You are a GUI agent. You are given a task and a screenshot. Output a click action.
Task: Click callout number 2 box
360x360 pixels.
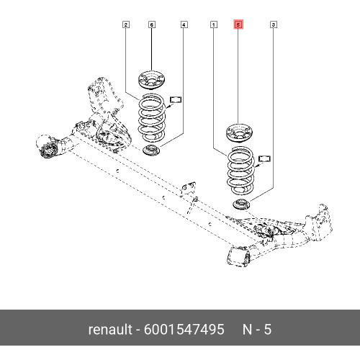pyautogui.click(x=126, y=24)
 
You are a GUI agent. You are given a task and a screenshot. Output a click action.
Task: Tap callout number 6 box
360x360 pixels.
pyautogui.click(x=151, y=24)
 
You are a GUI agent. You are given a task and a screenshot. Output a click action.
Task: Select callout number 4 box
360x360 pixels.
pyautogui.click(x=184, y=24)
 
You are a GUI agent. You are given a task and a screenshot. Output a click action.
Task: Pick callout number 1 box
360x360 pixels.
pyautogui.click(x=214, y=24)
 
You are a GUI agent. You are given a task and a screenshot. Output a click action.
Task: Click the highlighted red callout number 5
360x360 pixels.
pyautogui.click(x=238, y=24)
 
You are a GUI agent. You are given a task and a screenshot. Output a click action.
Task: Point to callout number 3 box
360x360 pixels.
pyautogui.click(x=273, y=24)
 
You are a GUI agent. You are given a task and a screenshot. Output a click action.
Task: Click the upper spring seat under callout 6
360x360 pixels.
pyautogui.click(x=152, y=80)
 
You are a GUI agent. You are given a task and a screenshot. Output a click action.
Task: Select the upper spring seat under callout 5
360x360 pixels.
pyautogui.click(x=240, y=132)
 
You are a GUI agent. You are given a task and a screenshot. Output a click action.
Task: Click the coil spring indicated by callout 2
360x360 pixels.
pyautogui.click(x=152, y=117)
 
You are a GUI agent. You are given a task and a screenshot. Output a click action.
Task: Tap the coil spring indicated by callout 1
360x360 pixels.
pyautogui.click(x=240, y=171)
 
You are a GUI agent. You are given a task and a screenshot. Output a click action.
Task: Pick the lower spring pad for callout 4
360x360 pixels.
pyautogui.click(x=153, y=150)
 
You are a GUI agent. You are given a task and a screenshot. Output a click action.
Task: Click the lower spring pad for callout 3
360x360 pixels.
pyautogui.click(x=242, y=204)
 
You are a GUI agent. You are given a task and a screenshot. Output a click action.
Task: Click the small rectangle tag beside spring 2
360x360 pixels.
pyautogui.click(x=176, y=99)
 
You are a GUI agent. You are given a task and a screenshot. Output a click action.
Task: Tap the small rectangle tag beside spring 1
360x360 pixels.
pyautogui.click(x=264, y=158)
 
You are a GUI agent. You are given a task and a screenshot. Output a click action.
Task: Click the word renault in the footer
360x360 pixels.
pyautogui.click(x=110, y=329)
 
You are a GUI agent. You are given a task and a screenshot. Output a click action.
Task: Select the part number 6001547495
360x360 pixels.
pyautogui.click(x=184, y=329)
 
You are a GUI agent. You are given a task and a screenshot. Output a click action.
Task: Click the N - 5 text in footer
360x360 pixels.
pyautogui.click(x=257, y=329)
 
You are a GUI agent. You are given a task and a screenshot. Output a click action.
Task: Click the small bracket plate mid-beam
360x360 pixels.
pyautogui.click(x=188, y=189)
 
